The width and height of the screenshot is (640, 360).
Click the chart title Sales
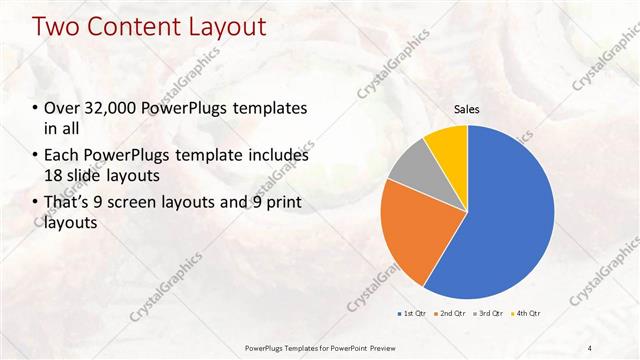[x=467, y=109]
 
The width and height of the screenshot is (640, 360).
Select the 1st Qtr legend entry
[x=411, y=315]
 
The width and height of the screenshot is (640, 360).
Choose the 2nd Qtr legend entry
[x=450, y=315]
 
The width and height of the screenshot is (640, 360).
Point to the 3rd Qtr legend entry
[x=487, y=315]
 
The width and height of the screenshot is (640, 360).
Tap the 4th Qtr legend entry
[x=525, y=315]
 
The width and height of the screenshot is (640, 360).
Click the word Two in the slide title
[x=57, y=26]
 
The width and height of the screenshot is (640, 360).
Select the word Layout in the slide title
[x=223, y=26]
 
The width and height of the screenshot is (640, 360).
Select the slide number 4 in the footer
[x=590, y=348]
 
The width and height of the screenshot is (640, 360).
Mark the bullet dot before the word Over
[x=36, y=108]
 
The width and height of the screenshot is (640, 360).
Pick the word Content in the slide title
[x=131, y=26]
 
